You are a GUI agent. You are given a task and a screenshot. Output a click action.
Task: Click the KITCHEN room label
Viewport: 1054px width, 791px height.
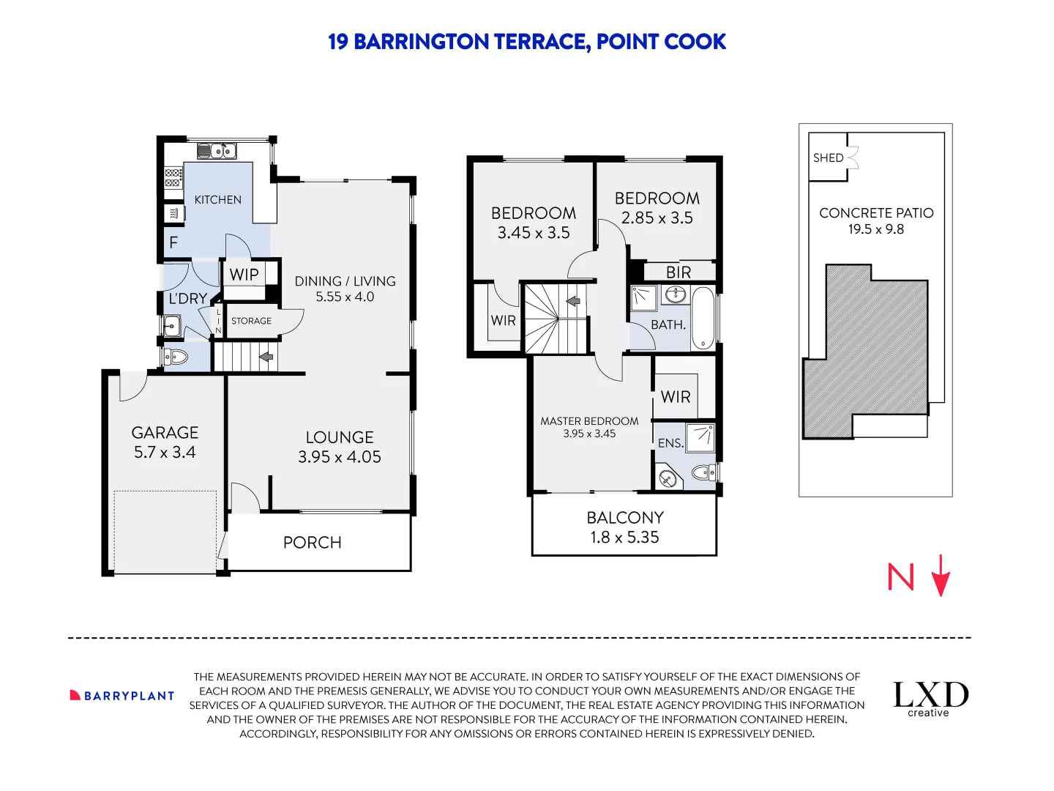[x=217, y=199]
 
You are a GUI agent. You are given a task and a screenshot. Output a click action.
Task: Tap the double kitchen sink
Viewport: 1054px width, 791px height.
[x=217, y=152]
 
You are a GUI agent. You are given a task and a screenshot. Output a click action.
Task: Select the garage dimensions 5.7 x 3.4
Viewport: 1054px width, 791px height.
[x=165, y=453]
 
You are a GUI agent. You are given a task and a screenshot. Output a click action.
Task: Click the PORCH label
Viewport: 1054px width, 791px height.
[x=313, y=543]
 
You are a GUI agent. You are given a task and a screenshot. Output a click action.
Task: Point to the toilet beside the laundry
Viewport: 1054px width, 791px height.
[x=176, y=357]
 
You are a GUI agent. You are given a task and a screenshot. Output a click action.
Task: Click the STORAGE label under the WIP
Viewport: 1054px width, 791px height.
[x=251, y=321]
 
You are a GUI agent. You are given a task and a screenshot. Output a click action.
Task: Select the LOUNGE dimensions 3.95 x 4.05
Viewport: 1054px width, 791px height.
[x=340, y=457]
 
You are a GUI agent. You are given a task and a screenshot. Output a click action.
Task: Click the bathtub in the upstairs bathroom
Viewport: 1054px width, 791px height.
[x=703, y=318]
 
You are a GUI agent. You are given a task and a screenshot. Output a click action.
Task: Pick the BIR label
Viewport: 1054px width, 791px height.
[x=679, y=272]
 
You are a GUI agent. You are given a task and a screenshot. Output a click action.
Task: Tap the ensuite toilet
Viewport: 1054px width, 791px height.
[x=703, y=472]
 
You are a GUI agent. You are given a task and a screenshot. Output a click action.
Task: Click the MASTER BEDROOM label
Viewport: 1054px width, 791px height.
[x=589, y=421]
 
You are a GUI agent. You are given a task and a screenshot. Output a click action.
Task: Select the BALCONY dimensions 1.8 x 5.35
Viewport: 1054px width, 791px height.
[x=624, y=538]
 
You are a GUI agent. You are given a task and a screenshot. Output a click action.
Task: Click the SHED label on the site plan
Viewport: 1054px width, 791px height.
[x=828, y=157]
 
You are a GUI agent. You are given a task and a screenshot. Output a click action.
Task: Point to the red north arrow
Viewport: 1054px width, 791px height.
[x=941, y=576]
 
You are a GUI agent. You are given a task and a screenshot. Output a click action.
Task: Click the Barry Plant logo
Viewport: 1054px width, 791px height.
[x=122, y=696]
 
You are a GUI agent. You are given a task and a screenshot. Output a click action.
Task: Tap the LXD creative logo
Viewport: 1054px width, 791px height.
[x=930, y=698]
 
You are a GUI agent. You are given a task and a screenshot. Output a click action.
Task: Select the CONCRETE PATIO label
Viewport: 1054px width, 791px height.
[x=876, y=213]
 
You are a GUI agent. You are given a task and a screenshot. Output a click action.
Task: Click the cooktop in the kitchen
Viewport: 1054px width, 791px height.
[x=173, y=178]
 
